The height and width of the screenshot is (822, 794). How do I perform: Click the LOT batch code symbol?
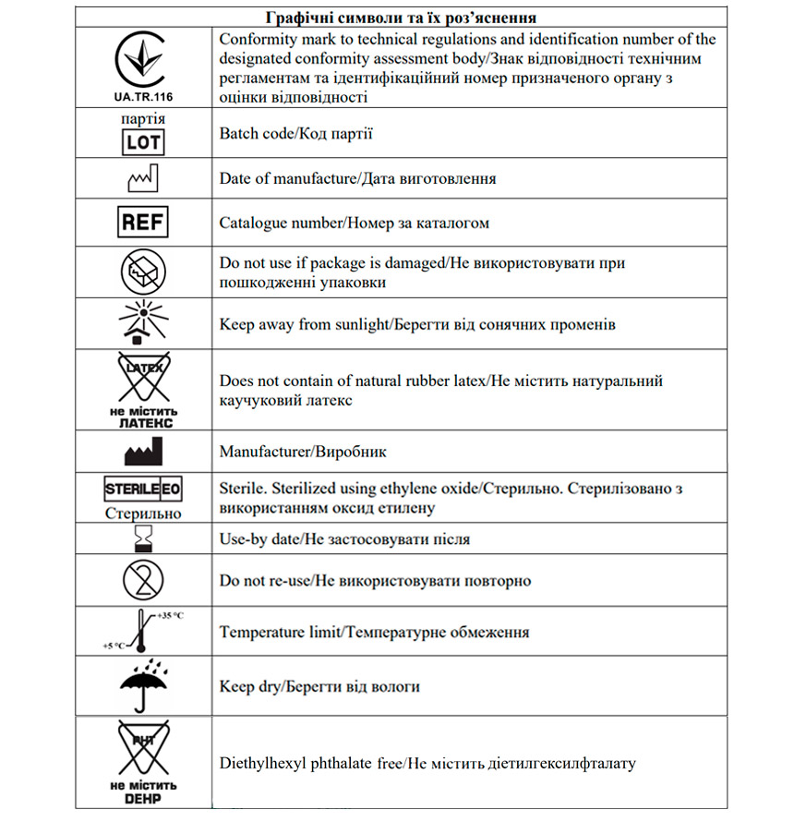pyautogui.click(x=143, y=142)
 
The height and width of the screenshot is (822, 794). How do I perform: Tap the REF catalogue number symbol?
pyautogui.click(x=143, y=223)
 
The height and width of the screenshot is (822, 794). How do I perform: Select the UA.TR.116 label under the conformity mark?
pyautogui.click(x=143, y=96)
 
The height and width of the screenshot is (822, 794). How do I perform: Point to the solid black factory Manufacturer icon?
pyautogui.click(x=143, y=452)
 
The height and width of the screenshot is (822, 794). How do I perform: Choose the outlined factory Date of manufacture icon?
pyautogui.click(x=143, y=178)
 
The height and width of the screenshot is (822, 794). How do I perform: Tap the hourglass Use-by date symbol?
pyautogui.click(x=143, y=538)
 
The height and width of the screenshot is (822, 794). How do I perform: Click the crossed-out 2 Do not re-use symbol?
pyautogui.click(x=143, y=580)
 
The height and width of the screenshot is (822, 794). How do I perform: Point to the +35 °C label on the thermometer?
pyautogui.click(x=170, y=615)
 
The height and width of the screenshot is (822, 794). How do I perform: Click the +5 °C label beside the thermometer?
pyautogui.click(x=115, y=646)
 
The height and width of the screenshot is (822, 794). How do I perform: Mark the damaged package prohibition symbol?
pyautogui.click(x=143, y=272)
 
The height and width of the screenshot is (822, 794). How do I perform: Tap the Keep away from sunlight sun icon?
pyautogui.click(x=143, y=322)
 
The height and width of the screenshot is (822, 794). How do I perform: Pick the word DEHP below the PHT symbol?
pyautogui.click(x=143, y=799)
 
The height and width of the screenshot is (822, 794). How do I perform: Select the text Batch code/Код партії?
pyautogui.click(x=295, y=134)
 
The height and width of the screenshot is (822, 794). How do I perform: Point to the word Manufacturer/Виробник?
pyautogui.click(x=303, y=453)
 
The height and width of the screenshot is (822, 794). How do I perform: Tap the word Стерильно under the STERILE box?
pyautogui.click(x=143, y=514)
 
